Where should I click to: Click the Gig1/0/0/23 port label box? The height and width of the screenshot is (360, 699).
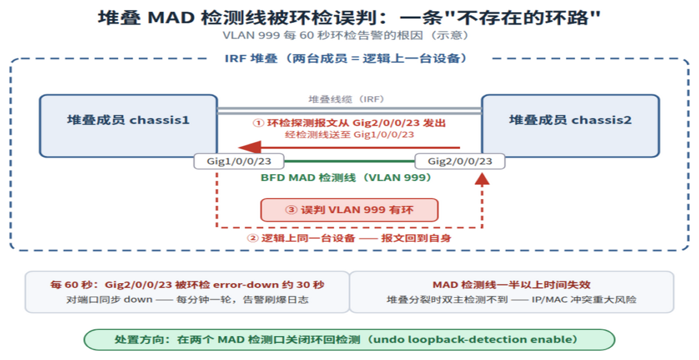(x=239, y=161)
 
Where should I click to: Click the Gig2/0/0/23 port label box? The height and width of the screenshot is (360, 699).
(x=460, y=161)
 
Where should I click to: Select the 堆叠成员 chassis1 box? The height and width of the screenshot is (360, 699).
(x=128, y=126)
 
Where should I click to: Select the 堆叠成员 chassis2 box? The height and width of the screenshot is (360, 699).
(x=570, y=126)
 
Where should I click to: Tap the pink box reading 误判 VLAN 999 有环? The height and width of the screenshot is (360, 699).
(x=349, y=210)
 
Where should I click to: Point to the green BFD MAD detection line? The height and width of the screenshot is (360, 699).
(x=349, y=161)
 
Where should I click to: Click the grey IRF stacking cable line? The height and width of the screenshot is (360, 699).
(x=349, y=111)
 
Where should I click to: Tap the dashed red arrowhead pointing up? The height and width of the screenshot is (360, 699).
(x=482, y=179)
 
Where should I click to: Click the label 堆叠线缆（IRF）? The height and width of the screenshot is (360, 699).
(x=347, y=99)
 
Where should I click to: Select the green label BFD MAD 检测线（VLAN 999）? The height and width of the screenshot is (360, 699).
(x=346, y=178)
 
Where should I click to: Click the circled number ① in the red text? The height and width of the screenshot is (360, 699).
(x=259, y=123)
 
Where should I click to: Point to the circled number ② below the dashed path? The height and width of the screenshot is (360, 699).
(x=253, y=239)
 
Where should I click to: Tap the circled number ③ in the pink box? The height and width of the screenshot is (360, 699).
(x=291, y=210)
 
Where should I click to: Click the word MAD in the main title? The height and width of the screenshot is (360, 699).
(x=171, y=18)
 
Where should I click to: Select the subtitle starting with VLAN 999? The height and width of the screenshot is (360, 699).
(x=346, y=36)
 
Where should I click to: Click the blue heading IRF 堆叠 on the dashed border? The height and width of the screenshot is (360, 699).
(x=251, y=59)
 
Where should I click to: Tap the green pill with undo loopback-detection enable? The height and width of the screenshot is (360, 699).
(x=349, y=340)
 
